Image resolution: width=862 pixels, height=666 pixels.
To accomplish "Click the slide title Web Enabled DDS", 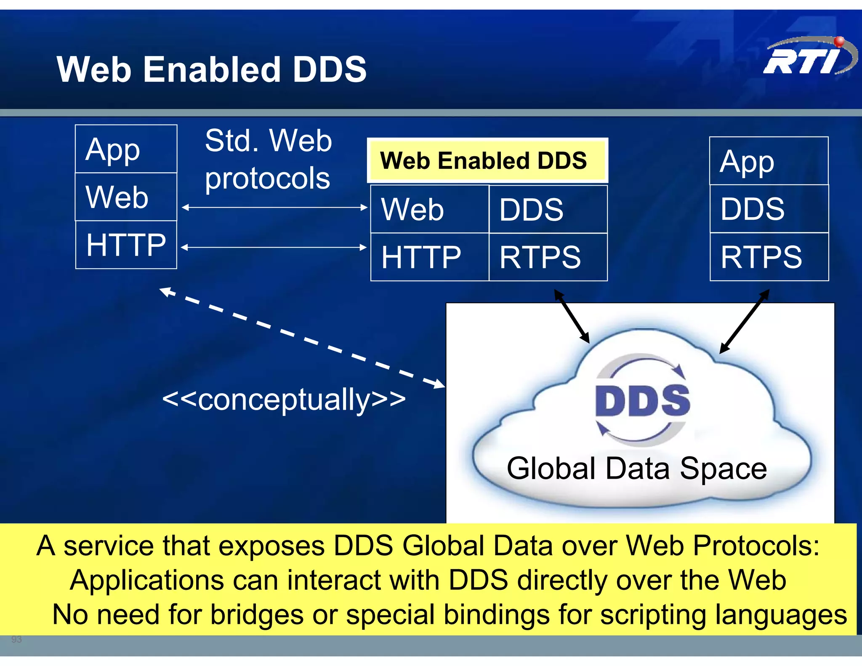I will click(x=212, y=69).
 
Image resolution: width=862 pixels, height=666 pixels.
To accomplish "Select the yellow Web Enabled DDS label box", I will click(x=487, y=160).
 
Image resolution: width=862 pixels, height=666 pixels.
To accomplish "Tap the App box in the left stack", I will click(x=126, y=149).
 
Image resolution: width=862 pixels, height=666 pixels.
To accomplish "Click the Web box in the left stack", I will click(x=126, y=197).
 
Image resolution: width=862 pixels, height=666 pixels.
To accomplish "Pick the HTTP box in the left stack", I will click(x=126, y=245).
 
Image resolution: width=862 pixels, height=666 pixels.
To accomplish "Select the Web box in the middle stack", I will click(x=429, y=209).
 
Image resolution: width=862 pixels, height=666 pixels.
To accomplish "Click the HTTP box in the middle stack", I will click(x=429, y=257).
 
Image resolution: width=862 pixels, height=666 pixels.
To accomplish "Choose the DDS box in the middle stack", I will click(x=548, y=209).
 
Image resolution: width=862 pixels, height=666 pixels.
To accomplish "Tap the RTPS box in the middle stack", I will click(x=548, y=257).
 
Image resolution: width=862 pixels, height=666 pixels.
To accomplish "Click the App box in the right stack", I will click(x=769, y=161).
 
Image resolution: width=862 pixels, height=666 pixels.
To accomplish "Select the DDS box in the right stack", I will click(x=769, y=209).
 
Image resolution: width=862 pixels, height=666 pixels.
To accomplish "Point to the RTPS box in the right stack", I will click(x=769, y=257).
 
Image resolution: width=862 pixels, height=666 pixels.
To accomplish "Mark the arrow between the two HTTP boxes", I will click(x=274, y=248).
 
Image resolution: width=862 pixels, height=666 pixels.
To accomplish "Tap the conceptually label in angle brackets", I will click(x=284, y=400).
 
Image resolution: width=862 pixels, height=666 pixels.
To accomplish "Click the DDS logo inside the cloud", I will click(x=642, y=400).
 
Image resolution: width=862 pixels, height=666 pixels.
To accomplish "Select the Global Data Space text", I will click(x=636, y=469).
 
